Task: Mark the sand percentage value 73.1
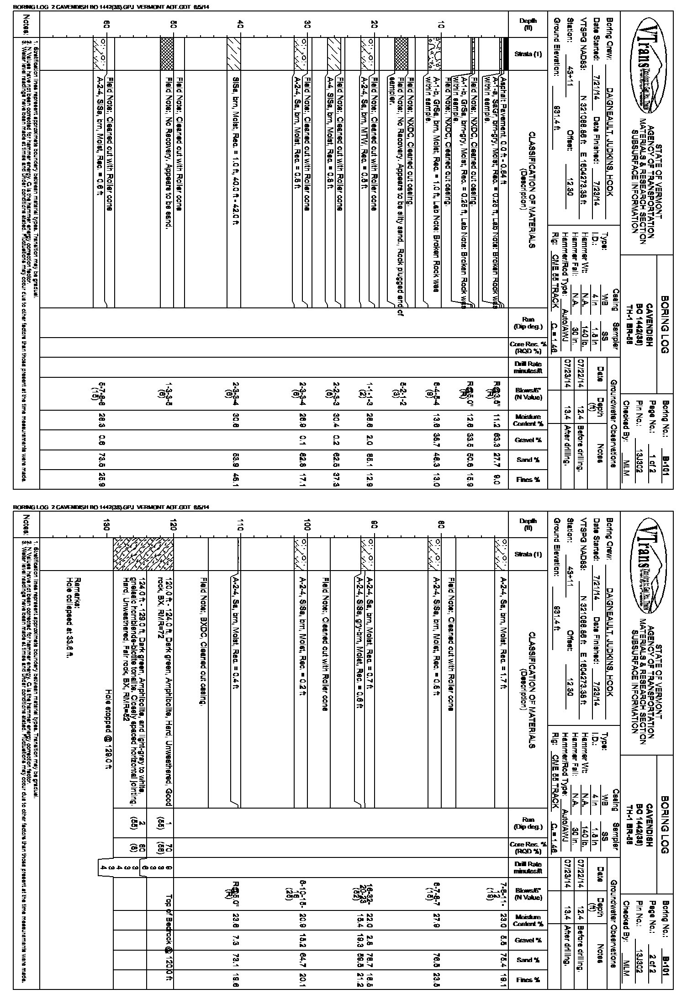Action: coord(239,958)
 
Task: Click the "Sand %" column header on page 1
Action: coord(528,460)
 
